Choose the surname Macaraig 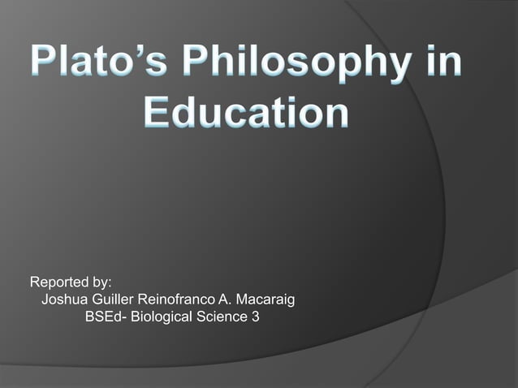point(260,300)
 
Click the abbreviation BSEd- point(104,317)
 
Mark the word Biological point(158,317)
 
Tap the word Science point(221,317)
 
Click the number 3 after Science point(256,317)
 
